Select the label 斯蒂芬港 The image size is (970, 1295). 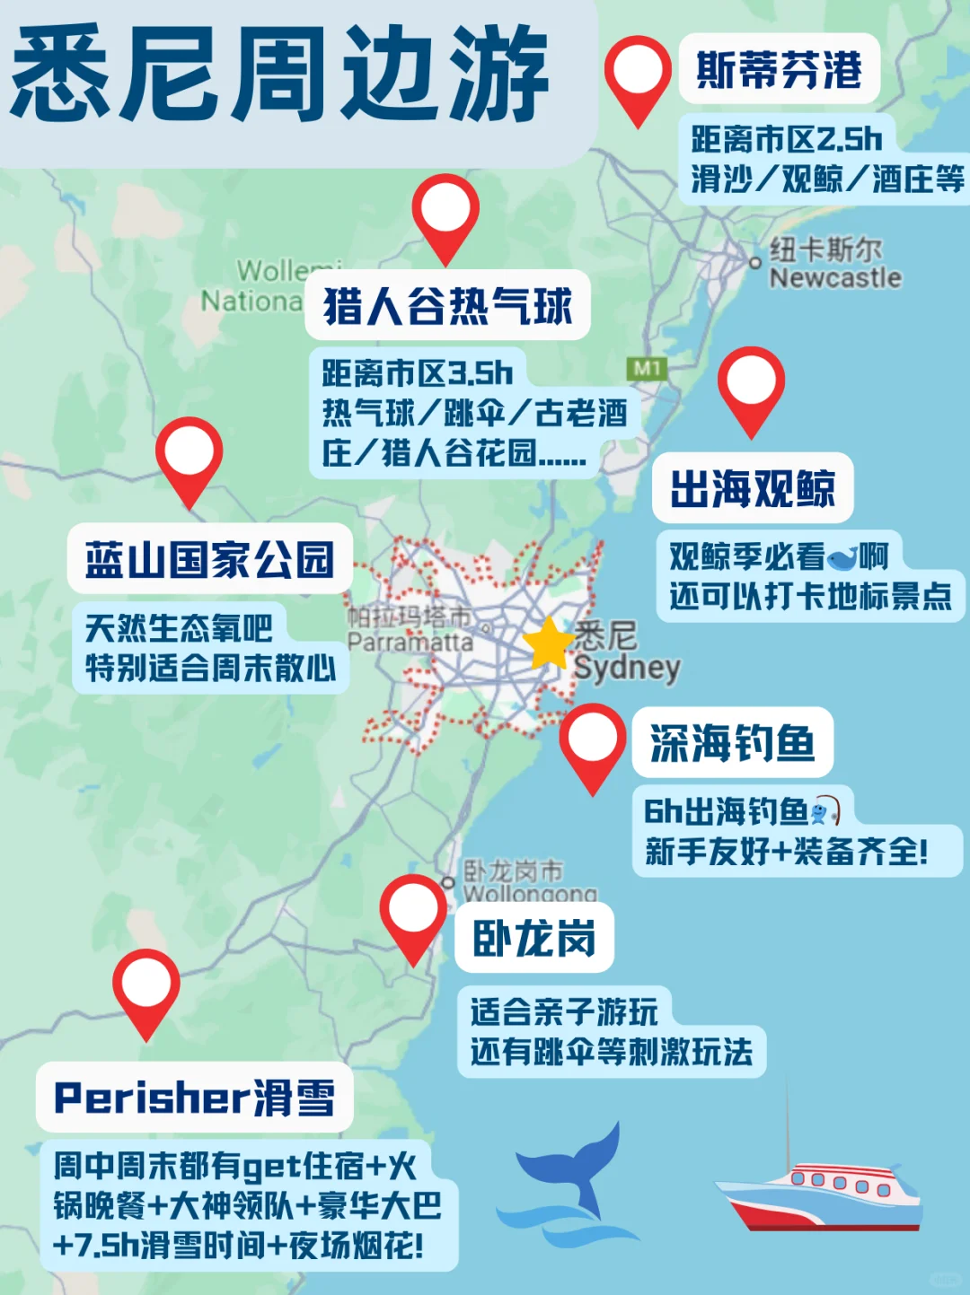779,70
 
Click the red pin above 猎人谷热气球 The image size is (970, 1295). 445,212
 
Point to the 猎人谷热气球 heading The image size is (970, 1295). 447,306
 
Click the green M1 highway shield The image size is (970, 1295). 647,368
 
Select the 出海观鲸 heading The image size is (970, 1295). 753,488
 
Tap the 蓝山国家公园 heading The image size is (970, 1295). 209,558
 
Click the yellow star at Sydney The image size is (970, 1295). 548,643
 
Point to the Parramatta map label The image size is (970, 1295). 410,641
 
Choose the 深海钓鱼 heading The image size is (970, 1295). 732,743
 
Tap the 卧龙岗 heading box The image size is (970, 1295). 534,938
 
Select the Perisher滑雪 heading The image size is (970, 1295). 194,1098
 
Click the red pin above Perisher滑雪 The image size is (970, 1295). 146,987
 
